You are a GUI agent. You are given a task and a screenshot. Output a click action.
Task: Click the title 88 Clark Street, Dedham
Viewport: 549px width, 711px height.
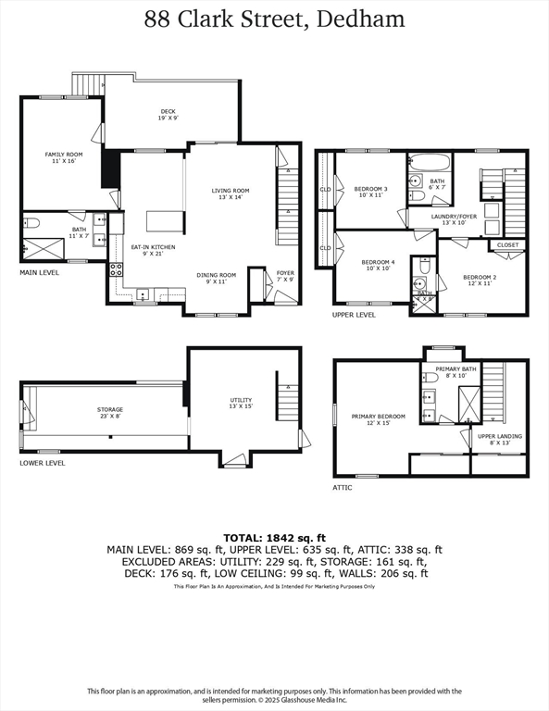[274, 19]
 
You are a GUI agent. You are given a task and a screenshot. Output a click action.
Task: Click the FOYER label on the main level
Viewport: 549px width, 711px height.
[284, 275]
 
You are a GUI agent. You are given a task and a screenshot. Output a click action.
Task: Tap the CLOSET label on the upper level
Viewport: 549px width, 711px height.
[507, 244]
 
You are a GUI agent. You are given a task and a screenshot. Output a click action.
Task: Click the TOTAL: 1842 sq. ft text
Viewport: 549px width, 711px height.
[274, 537]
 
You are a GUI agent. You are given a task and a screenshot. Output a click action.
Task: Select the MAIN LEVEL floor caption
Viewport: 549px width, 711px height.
[40, 273]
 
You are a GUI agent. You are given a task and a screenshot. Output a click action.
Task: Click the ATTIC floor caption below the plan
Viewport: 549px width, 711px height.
[343, 486]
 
